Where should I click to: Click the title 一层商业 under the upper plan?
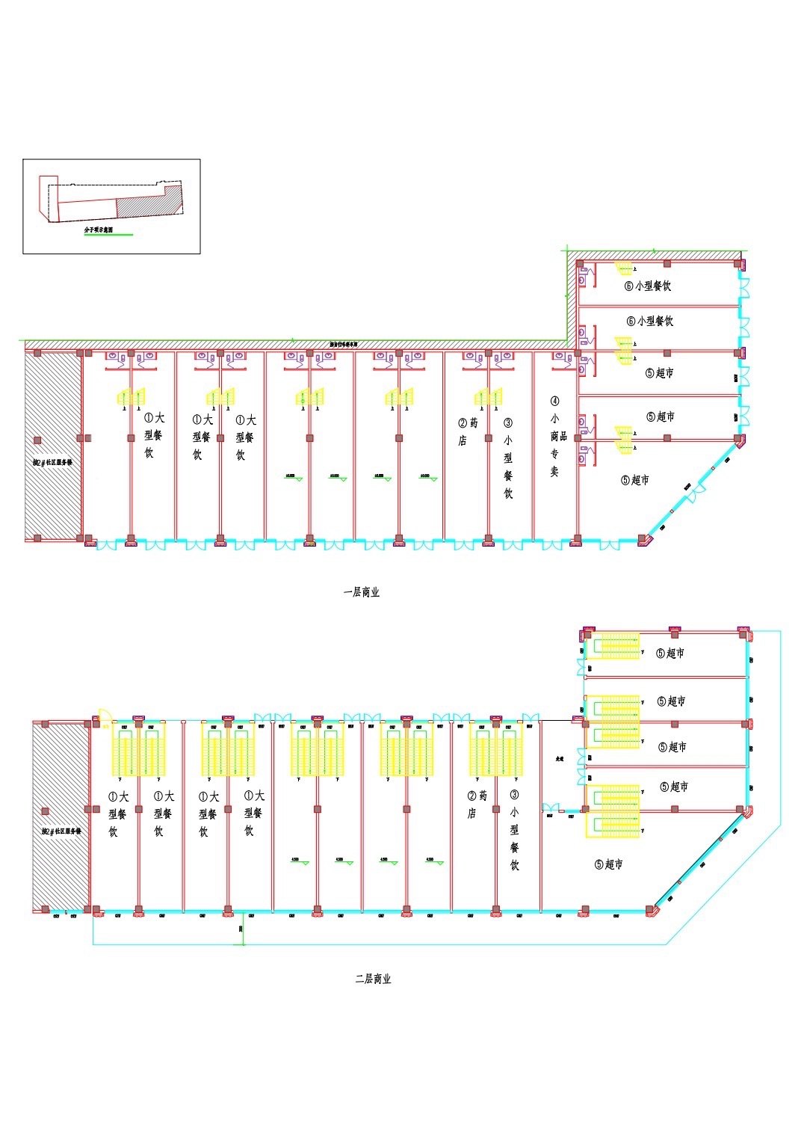(x=362, y=592)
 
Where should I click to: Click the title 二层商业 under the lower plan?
(x=373, y=979)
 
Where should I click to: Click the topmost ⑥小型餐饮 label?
(x=648, y=286)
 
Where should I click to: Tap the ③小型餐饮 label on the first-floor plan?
(x=508, y=458)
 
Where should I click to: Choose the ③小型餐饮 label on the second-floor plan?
(x=515, y=830)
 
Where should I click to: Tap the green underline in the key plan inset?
(x=108, y=236)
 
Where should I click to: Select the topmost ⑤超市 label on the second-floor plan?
(x=671, y=653)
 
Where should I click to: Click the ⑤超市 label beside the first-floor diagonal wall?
(x=635, y=480)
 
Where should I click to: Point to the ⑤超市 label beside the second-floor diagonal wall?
(x=609, y=864)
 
